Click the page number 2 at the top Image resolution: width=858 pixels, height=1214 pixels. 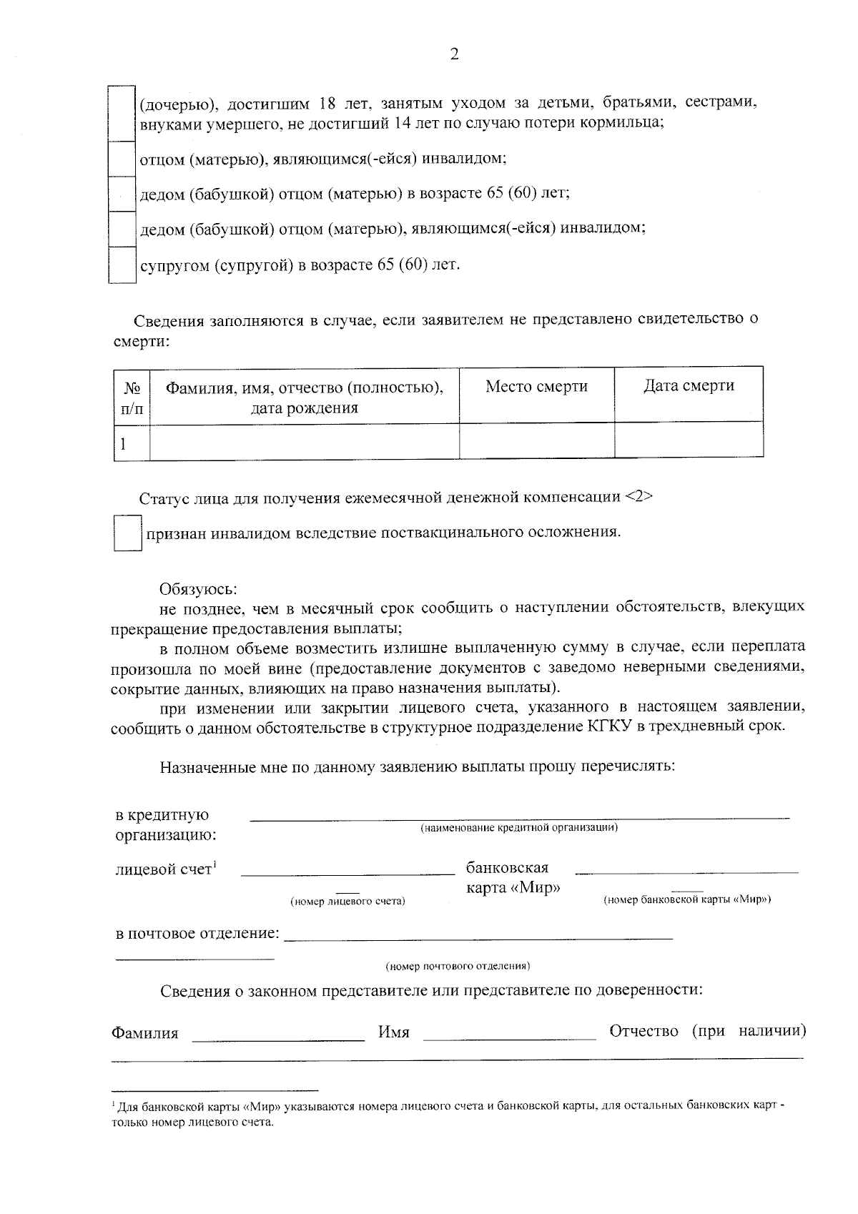click(x=454, y=54)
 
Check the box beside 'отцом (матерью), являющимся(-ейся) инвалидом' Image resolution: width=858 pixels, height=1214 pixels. click(x=122, y=159)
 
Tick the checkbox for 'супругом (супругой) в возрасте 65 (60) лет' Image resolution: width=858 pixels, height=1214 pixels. click(x=122, y=265)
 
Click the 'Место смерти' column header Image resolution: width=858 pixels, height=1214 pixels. click(x=536, y=387)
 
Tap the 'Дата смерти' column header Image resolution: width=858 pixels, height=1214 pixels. click(x=688, y=386)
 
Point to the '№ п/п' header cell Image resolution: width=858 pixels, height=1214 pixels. click(x=132, y=398)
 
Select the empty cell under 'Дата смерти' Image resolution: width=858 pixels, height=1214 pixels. click(x=688, y=440)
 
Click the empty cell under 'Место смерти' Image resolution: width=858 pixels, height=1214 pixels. click(x=536, y=440)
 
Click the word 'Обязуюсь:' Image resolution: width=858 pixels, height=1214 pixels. click(x=198, y=590)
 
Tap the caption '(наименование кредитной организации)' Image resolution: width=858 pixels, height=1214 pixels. click(x=518, y=828)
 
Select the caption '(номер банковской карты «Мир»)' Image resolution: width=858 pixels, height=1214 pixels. click(x=687, y=900)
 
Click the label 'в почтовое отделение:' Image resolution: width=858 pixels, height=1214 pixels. click(x=197, y=934)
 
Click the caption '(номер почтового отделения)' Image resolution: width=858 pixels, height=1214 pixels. click(x=458, y=966)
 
